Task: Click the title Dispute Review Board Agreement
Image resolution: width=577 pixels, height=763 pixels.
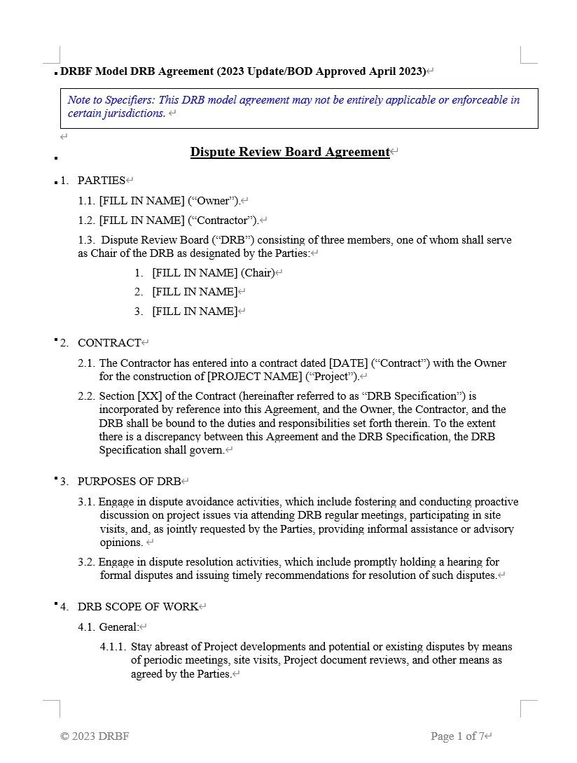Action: point(289,152)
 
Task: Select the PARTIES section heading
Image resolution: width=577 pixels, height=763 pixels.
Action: point(101,181)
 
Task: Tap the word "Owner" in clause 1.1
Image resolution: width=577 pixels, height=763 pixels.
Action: point(213,201)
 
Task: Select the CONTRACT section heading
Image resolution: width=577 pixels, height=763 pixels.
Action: point(109,343)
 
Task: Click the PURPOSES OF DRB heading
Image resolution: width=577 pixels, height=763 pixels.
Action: point(129,482)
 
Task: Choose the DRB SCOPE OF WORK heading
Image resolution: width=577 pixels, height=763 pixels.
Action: point(137,607)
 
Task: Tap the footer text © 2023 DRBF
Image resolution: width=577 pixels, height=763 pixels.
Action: point(95,736)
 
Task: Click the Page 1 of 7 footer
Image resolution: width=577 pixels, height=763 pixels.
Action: point(457,736)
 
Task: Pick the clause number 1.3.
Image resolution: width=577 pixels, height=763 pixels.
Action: point(86,240)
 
